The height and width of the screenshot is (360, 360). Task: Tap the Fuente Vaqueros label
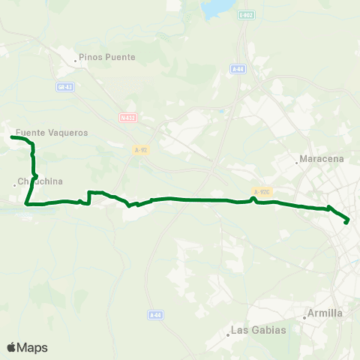(52, 133)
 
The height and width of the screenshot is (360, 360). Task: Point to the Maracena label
(322, 159)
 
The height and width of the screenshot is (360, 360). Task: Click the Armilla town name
(325, 313)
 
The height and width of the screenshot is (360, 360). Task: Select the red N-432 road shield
(127, 117)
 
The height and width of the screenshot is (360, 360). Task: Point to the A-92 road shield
(139, 150)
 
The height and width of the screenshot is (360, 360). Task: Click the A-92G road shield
(260, 192)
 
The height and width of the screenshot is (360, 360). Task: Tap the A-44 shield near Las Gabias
(155, 315)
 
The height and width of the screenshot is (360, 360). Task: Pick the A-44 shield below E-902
(238, 69)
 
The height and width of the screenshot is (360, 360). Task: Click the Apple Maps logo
(27, 347)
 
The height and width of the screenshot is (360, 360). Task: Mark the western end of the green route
(12, 137)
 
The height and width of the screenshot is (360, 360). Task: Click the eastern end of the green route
(346, 222)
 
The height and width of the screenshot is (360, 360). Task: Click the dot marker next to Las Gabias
(229, 334)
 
